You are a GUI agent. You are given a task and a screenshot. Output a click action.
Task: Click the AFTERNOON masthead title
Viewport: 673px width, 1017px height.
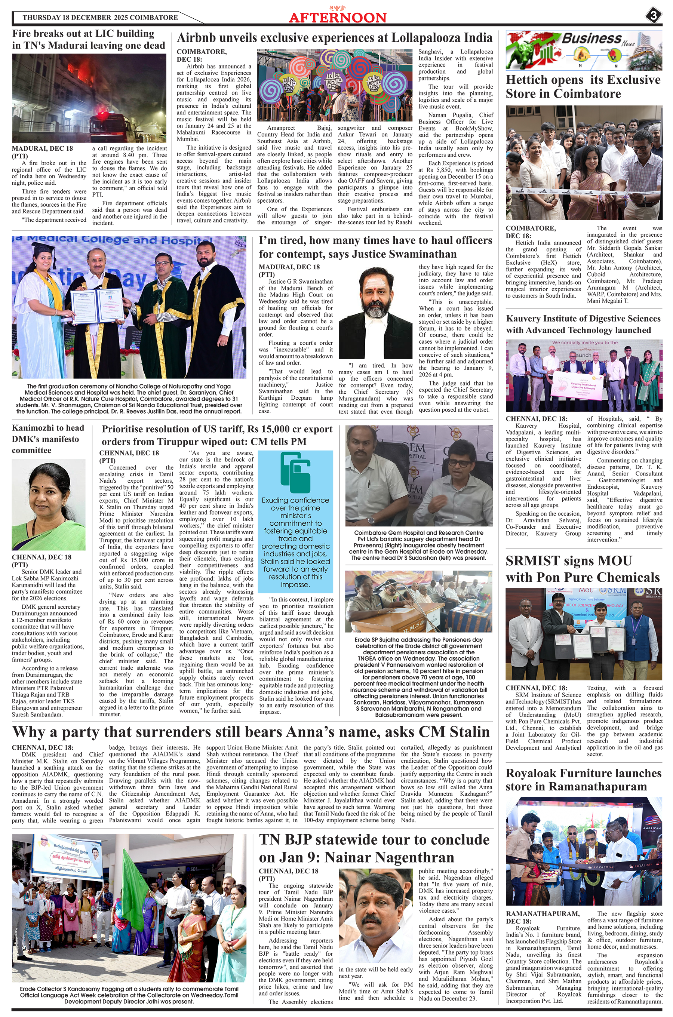[337, 18]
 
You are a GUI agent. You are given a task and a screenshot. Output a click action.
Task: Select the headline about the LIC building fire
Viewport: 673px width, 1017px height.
[88, 40]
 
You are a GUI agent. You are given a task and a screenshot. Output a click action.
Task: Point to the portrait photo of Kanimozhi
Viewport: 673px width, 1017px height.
[49, 505]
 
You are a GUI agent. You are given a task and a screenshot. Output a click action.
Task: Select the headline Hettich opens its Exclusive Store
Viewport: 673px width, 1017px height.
[583, 87]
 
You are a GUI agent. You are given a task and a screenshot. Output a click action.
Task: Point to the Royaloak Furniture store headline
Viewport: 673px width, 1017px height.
[583, 780]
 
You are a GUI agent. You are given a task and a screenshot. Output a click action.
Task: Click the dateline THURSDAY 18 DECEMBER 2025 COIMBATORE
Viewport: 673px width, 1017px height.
[100, 18]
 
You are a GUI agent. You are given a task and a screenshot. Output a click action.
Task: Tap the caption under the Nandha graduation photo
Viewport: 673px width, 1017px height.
[129, 399]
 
